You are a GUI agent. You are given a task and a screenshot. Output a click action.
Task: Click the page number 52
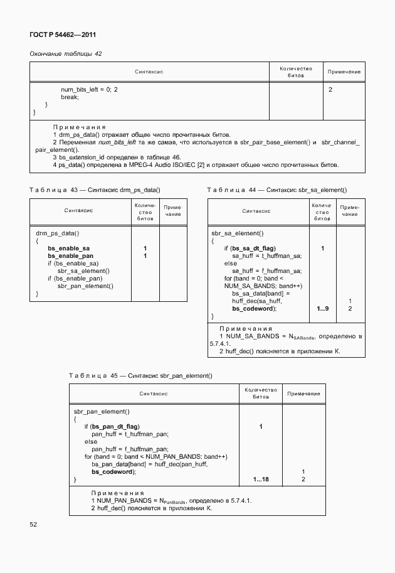(x=34, y=523)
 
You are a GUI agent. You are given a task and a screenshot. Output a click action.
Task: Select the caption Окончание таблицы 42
(x=66, y=54)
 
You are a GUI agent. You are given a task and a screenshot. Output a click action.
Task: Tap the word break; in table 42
(x=70, y=97)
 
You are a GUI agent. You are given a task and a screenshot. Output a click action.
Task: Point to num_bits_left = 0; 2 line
(x=89, y=90)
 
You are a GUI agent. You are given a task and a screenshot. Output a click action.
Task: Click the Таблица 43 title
(x=95, y=190)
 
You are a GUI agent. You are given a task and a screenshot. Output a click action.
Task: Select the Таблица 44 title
(x=276, y=190)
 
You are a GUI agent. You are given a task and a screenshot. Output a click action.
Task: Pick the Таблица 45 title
(x=140, y=375)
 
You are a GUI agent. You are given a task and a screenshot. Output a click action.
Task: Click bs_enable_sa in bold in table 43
(x=68, y=249)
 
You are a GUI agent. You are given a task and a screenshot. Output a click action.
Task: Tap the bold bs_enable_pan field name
(x=71, y=256)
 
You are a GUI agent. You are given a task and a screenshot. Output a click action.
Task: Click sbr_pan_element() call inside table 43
(x=85, y=286)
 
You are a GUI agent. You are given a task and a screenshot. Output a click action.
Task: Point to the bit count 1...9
(x=322, y=309)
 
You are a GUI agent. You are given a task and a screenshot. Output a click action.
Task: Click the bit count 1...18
(x=261, y=479)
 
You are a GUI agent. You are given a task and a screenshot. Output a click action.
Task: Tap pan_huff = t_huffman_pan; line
(x=130, y=434)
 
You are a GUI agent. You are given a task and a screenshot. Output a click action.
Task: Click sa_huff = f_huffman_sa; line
(x=267, y=271)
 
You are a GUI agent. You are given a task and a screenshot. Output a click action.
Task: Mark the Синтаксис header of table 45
(x=154, y=394)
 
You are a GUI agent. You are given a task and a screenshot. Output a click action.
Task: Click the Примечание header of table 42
(x=344, y=72)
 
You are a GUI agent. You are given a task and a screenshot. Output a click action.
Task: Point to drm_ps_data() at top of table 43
(x=58, y=233)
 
